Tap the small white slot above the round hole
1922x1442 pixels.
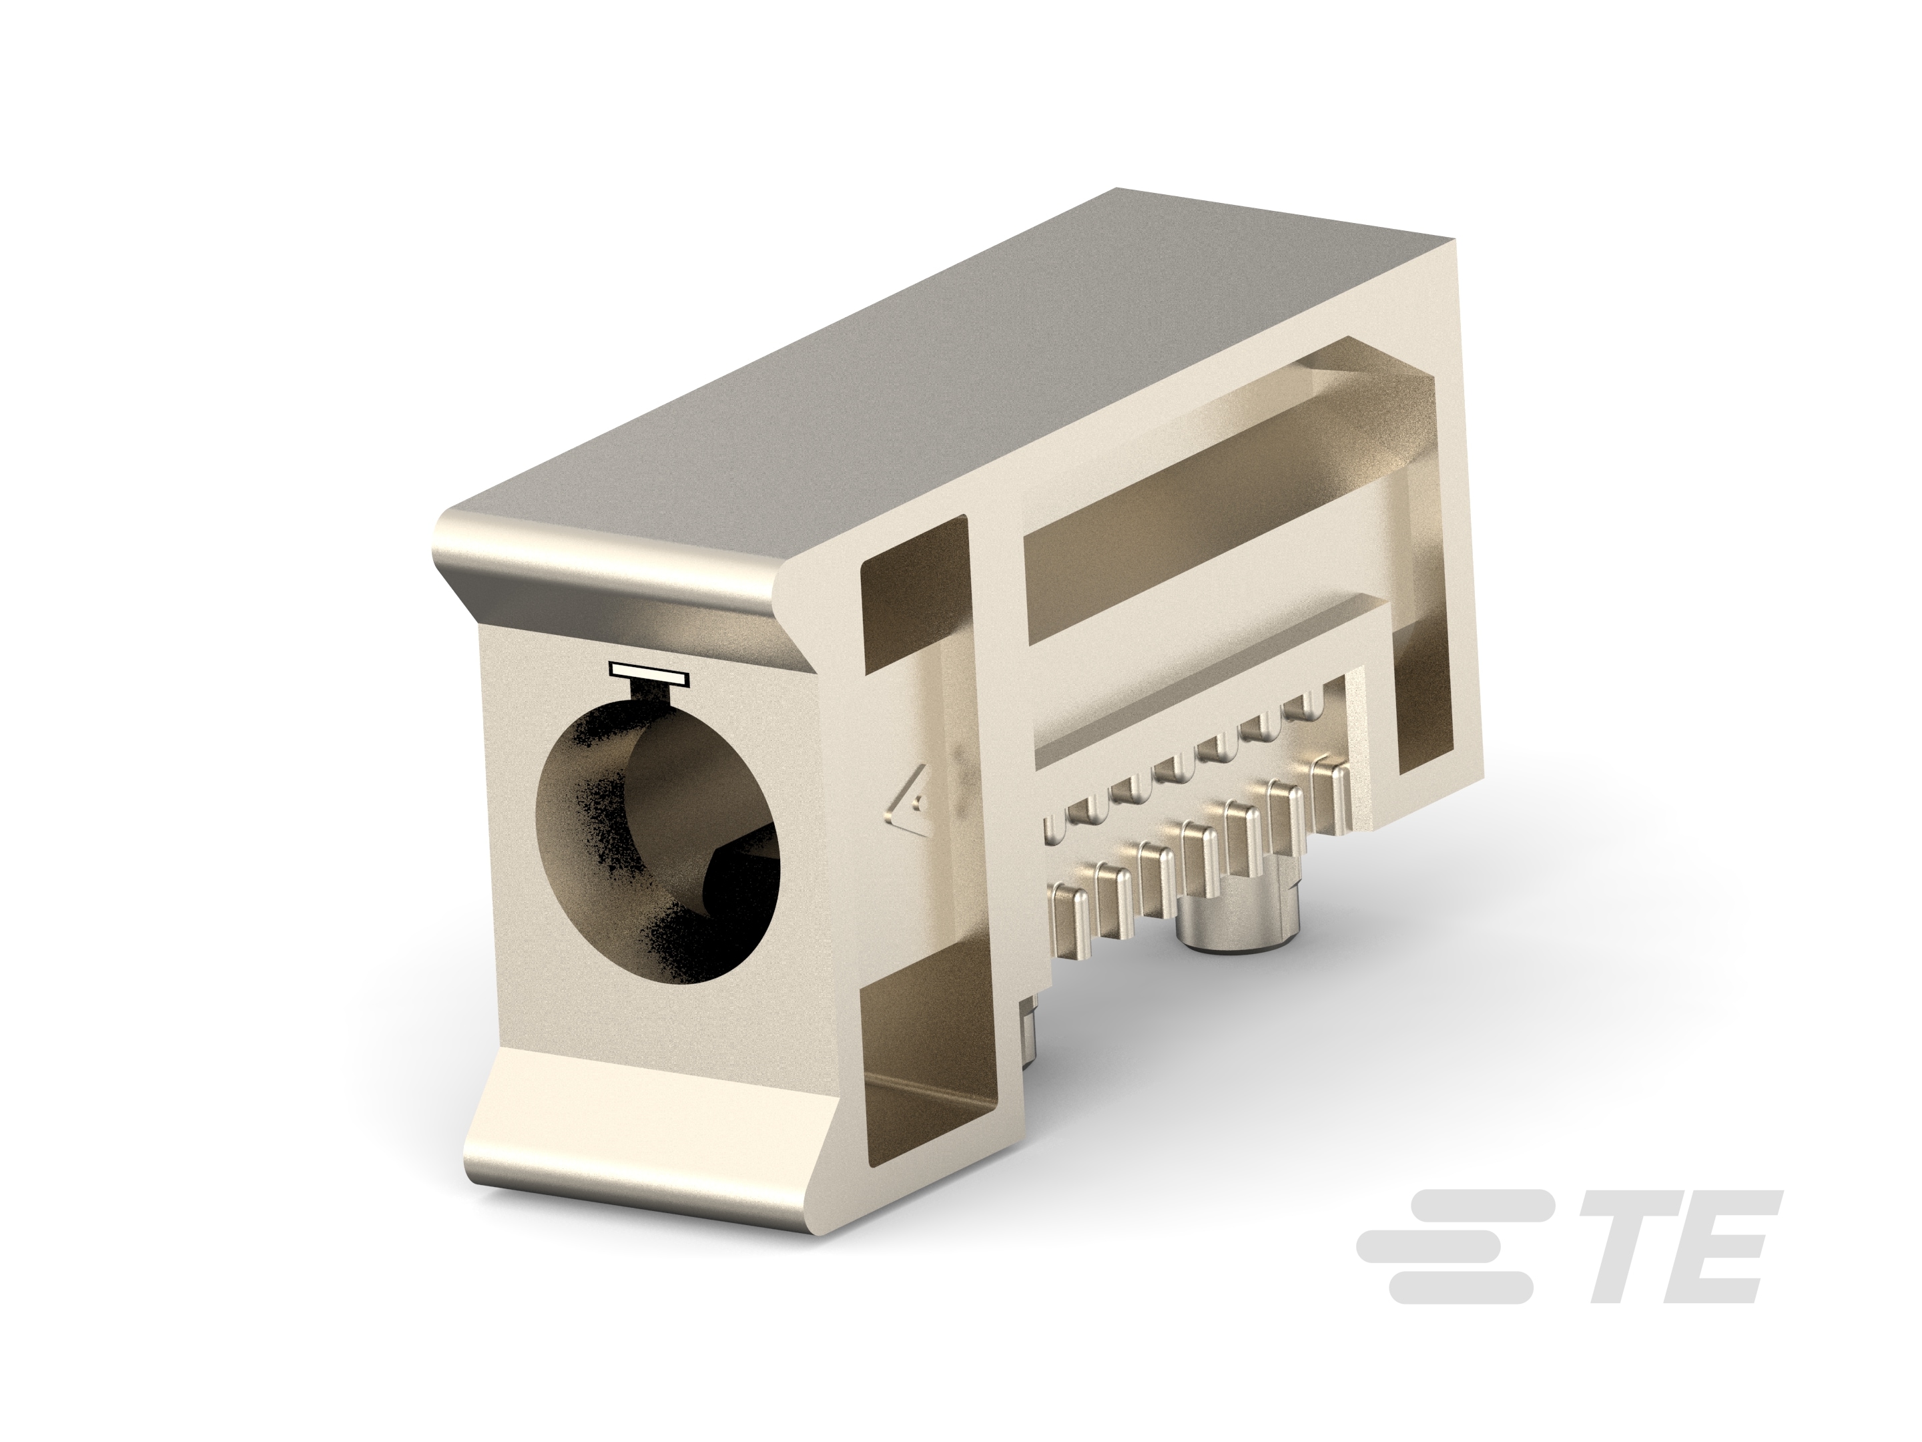coord(648,672)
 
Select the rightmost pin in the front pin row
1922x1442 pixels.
coord(1331,792)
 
